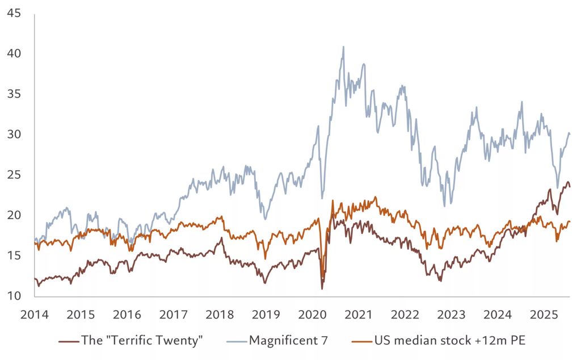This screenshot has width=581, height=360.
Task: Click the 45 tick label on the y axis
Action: coord(14,14)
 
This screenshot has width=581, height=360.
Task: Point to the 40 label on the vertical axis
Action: coord(14,53)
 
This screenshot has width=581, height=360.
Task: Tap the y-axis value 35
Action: coord(14,94)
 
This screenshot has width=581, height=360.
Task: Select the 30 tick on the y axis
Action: coord(14,134)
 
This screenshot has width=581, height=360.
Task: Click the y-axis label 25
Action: coord(14,175)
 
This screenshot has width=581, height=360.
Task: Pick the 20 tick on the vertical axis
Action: coord(14,215)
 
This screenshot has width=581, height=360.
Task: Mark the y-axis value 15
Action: coord(14,256)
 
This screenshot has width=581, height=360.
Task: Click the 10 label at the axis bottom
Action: coord(14,296)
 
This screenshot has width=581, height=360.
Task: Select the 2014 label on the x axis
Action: coord(35,315)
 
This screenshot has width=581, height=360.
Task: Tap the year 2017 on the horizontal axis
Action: coord(174,315)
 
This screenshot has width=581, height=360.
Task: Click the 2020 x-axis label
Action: coord(313,315)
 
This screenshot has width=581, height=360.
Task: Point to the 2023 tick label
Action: coord(451,315)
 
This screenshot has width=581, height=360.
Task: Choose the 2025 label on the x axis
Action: coord(544,315)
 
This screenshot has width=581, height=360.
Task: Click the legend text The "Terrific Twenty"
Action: coord(142,340)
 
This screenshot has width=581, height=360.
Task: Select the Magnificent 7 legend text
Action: coord(289,340)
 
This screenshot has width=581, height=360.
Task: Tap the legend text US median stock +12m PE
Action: coord(450,340)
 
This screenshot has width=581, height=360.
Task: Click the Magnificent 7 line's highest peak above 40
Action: coord(343,47)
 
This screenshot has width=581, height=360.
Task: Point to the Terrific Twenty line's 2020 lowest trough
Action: coord(322,288)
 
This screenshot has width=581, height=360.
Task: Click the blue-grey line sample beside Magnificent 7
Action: coord(237,341)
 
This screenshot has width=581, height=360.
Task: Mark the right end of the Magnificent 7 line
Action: coord(570,134)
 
